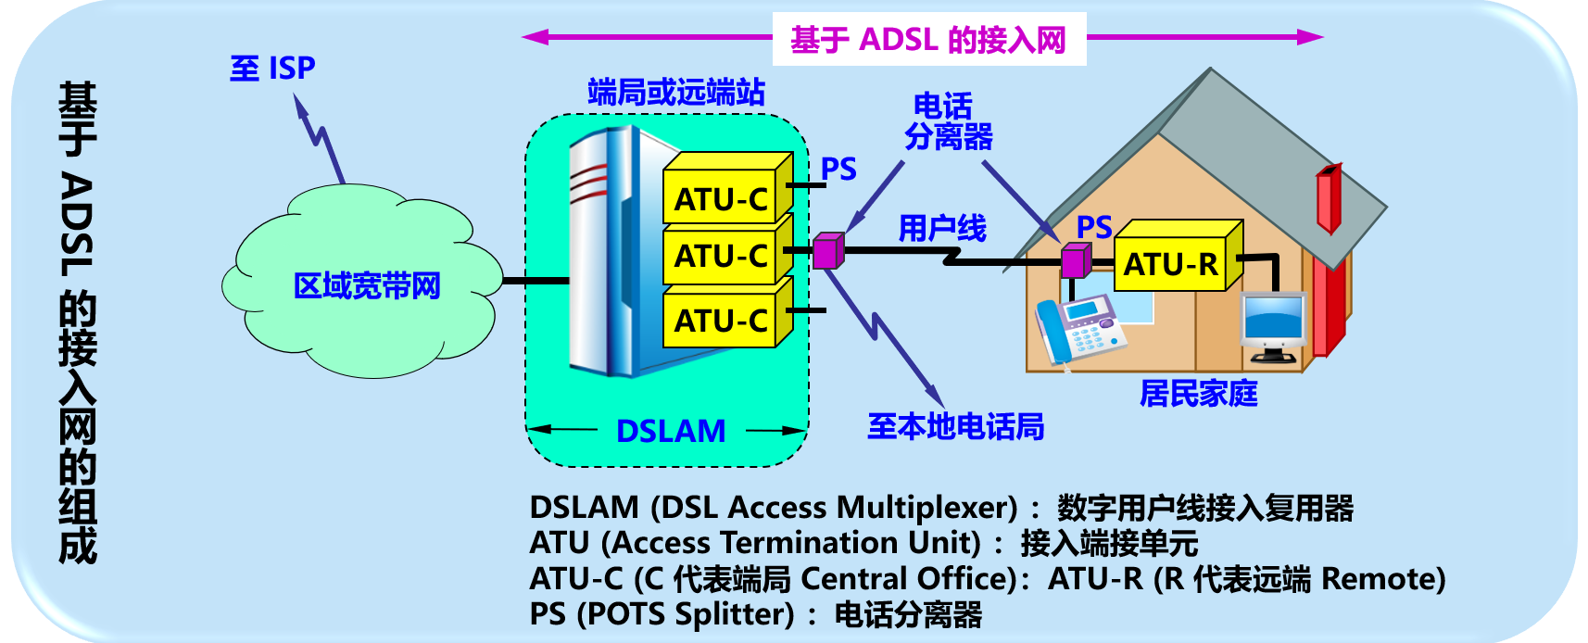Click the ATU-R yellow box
[x=1171, y=264]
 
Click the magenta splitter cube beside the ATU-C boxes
[x=827, y=251]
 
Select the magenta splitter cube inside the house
[x=1076, y=260]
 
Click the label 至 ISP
[x=272, y=68]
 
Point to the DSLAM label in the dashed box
[x=671, y=431]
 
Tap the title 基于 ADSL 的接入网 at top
[x=928, y=40]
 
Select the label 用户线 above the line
[x=941, y=227]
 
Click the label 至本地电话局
[x=955, y=426]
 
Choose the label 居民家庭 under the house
[x=1198, y=394]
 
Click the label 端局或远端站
[x=676, y=92]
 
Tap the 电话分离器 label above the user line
[x=947, y=121]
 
